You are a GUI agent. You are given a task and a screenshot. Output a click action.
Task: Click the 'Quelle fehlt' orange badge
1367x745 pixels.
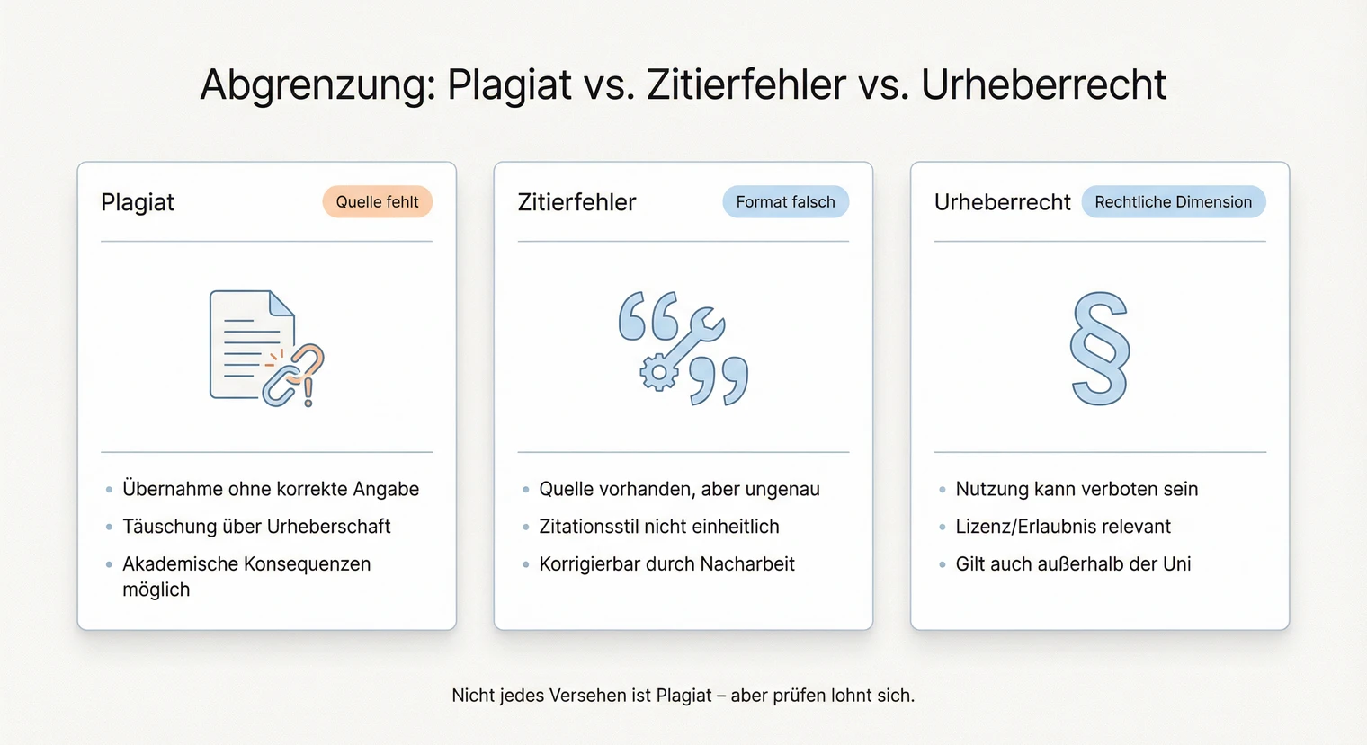(x=377, y=202)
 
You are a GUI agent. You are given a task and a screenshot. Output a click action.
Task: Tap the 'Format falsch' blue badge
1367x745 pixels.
(x=785, y=202)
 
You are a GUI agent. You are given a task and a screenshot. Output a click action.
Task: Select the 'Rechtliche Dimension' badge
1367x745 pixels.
(x=1173, y=202)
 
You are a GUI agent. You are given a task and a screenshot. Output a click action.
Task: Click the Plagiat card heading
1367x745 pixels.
(x=138, y=202)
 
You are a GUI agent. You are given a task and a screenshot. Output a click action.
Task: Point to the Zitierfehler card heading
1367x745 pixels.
(x=576, y=202)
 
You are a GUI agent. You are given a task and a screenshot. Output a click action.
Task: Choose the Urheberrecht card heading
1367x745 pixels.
(x=1002, y=202)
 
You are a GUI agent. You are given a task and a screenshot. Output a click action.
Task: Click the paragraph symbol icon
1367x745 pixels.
(x=1099, y=349)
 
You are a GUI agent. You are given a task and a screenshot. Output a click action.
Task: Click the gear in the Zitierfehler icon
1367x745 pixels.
(x=659, y=371)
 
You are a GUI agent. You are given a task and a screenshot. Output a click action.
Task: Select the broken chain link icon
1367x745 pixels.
(x=294, y=376)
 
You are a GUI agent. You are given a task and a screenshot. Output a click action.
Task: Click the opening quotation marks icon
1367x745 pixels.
(x=648, y=315)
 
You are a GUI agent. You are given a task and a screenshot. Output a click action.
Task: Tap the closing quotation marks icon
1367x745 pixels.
(x=719, y=381)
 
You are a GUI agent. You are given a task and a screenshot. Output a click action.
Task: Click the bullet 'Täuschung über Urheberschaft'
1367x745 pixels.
(x=256, y=527)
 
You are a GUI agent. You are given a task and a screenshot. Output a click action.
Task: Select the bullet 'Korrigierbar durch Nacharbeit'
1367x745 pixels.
(x=666, y=564)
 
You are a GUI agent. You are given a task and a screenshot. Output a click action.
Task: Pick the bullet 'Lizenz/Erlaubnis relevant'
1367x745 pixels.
(x=1063, y=527)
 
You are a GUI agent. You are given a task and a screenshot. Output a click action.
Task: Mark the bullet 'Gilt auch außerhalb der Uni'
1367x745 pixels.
(x=1073, y=564)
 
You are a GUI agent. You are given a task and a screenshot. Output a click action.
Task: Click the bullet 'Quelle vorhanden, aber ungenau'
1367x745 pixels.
(x=679, y=489)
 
